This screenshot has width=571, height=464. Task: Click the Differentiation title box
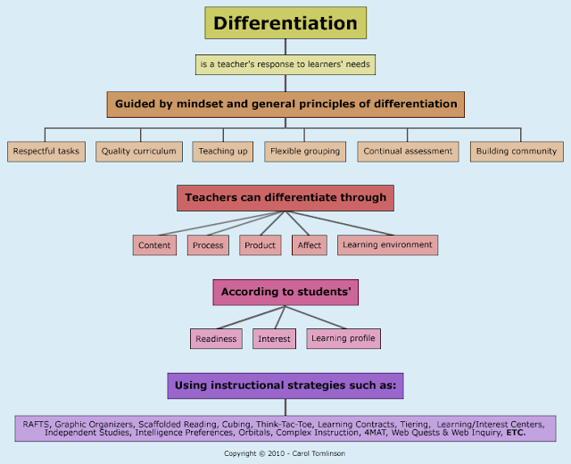[285, 23]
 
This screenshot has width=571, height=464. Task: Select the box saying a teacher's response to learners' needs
[285, 64]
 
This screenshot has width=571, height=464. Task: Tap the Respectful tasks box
[46, 152]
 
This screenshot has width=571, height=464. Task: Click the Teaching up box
[223, 152]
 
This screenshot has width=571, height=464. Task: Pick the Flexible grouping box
[305, 152]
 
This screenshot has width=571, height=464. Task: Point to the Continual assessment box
[409, 152]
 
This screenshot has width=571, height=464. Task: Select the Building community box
[517, 152]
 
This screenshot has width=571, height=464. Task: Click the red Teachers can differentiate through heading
[285, 197]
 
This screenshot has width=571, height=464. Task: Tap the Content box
[154, 245]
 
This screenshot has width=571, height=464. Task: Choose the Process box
[208, 245]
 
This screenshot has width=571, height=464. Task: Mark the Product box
[260, 245]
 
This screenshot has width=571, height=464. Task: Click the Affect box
[310, 245]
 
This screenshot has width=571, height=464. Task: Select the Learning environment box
[388, 244]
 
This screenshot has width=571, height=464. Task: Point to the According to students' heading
[285, 292]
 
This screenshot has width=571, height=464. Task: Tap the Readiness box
[216, 339]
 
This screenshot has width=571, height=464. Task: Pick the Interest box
[274, 339]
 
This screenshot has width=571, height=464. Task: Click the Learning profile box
[343, 338]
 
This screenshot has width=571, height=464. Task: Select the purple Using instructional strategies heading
[285, 385]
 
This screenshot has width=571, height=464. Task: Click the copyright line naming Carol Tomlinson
[285, 452]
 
